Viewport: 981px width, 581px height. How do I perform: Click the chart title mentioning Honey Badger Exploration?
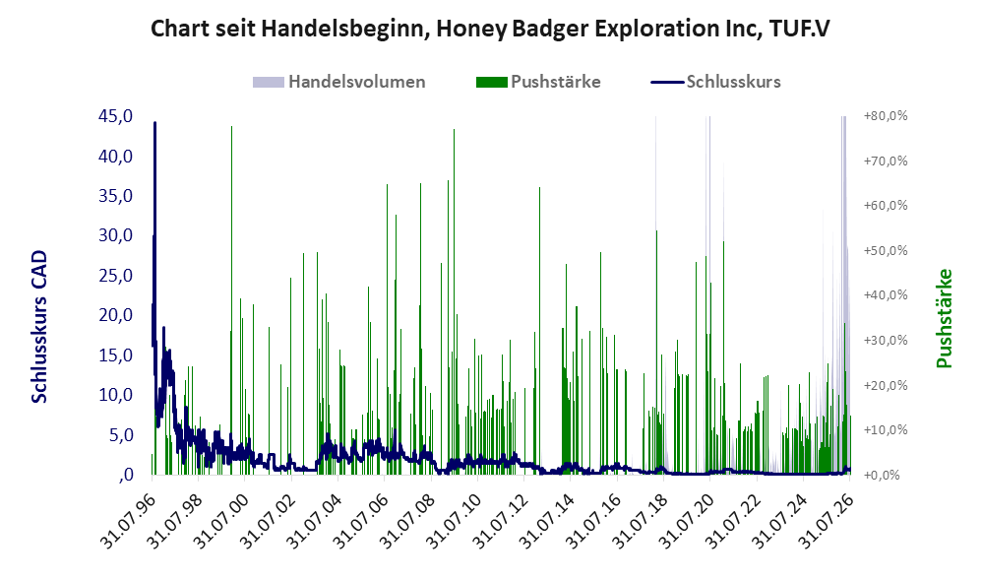pyautogui.click(x=490, y=29)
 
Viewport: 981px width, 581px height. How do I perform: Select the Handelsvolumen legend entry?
pyautogui.click(x=338, y=82)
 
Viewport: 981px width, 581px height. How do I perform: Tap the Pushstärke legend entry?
pyautogui.click(x=538, y=82)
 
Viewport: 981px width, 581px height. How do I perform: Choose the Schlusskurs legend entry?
pyautogui.click(x=715, y=82)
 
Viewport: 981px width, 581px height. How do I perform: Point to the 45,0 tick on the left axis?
pyautogui.click(x=116, y=116)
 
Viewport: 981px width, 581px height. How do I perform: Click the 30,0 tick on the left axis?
pyautogui.click(x=116, y=235)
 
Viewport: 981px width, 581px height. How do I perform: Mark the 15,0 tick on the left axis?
pyautogui.click(x=116, y=355)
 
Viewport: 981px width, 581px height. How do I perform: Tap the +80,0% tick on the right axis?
pyautogui.click(x=886, y=116)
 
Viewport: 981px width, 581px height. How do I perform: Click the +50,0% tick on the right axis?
pyautogui.click(x=886, y=250)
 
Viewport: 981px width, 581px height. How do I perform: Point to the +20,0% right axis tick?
pyautogui.click(x=886, y=385)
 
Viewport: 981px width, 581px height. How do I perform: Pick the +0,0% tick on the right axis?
pyautogui.click(x=886, y=475)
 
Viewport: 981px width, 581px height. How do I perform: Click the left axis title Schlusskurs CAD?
pyautogui.click(x=39, y=326)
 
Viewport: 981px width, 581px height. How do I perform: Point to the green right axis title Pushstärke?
pyautogui.click(x=944, y=318)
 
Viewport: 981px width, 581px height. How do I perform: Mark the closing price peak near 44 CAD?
pyautogui.click(x=155, y=123)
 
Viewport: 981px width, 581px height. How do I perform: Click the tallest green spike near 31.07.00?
pyautogui.click(x=231, y=127)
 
